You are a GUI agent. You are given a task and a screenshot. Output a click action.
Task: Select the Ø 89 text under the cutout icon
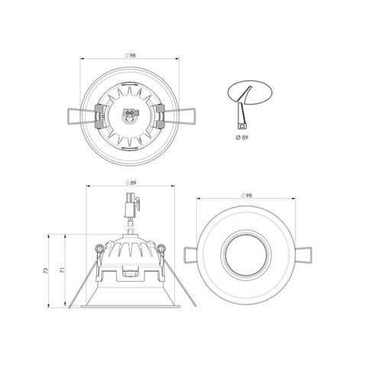[x=241, y=136]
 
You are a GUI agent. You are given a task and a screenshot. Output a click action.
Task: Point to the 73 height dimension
[x=47, y=271]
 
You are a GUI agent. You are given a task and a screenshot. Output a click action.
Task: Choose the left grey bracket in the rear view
[x=99, y=116]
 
